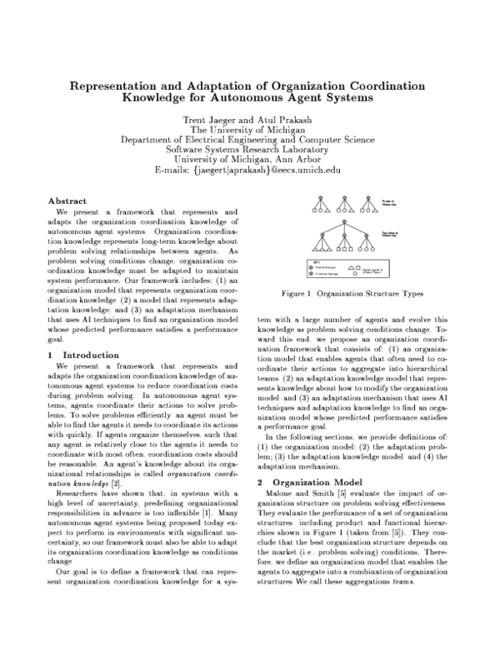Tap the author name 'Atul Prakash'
(290, 119)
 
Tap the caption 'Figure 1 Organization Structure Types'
(352, 294)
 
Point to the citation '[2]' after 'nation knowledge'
(117, 483)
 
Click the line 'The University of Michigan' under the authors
(249, 129)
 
